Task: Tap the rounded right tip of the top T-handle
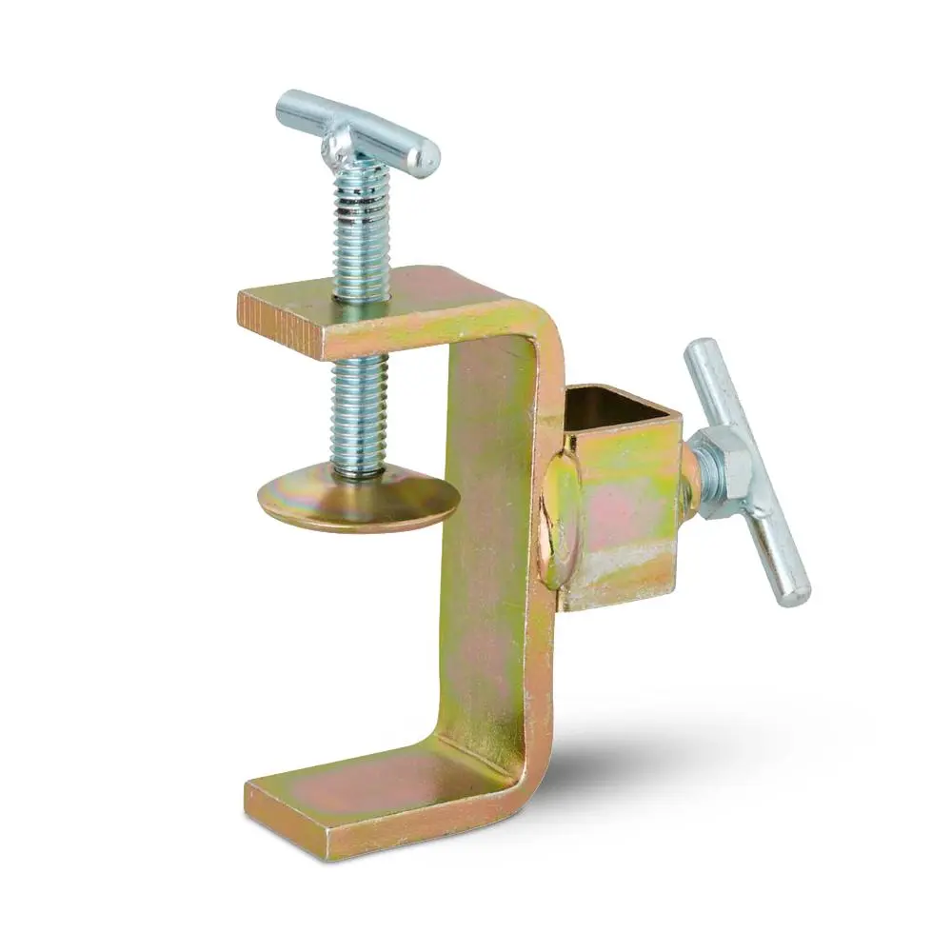pyautogui.click(x=428, y=152)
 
